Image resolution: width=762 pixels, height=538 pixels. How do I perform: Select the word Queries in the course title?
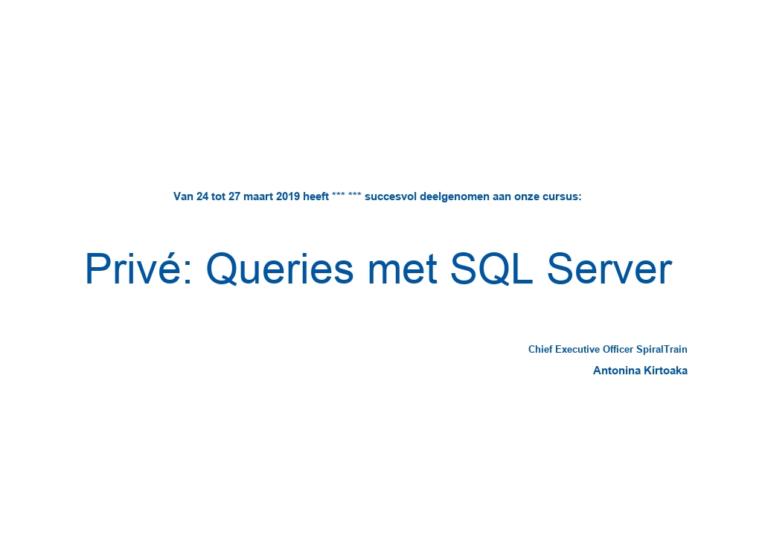pyautogui.click(x=280, y=269)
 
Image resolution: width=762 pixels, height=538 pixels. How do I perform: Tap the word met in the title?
pyautogui.click(x=403, y=269)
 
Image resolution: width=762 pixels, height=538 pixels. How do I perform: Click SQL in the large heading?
pyautogui.click(x=491, y=269)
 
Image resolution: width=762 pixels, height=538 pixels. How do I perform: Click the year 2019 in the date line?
pyautogui.click(x=288, y=196)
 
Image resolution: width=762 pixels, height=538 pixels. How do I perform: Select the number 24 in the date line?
pyautogui.click(x=202, y=196)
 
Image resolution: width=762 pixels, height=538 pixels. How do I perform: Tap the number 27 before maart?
pyautogui.click(x=234, y=196)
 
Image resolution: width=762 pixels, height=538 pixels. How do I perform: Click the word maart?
pyautogui.click(x=258, y=196)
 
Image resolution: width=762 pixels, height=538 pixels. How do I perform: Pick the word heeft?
pyautogui.click(x=316, y=196)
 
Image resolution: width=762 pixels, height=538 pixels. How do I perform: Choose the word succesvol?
pyautogui.click(x=391, y=196)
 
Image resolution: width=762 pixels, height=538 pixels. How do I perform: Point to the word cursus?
pyautogui.click(x=562, y=196)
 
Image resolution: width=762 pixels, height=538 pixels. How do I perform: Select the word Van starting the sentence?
pyautogui.click(x=184, y=196)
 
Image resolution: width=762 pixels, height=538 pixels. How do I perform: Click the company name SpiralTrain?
pyautogui.click(x=662, y=350)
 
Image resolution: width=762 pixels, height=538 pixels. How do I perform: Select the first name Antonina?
pyautogui.click(x=617, y=371)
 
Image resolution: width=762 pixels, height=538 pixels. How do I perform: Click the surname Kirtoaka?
pyautogui.click(x=665, y=371)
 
